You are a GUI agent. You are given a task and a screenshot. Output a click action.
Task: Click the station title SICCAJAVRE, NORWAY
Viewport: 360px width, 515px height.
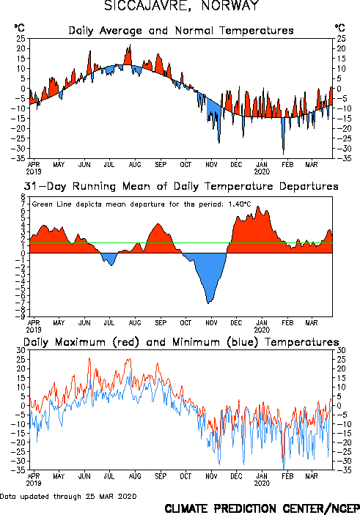tap(182, 5)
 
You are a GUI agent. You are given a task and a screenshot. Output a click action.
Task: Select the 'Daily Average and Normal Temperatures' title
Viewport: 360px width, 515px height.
tap(181, 31)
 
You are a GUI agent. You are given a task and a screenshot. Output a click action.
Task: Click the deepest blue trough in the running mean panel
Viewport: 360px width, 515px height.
tap(208, 303)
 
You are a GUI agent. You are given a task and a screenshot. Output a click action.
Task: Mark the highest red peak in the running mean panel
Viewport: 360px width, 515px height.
tap(258, 207)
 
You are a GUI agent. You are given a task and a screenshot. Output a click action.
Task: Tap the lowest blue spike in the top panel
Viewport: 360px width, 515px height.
tap(284, 154)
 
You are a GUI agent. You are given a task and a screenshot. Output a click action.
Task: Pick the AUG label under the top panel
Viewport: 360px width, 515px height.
tap(135, 164)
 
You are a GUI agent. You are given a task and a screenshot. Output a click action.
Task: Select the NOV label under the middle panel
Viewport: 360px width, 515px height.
tap(211, 322)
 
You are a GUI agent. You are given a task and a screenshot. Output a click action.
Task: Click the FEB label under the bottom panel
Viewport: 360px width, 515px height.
tap(287, 476)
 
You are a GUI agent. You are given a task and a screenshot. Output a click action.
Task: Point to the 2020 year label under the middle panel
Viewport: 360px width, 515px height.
tap(262, 330)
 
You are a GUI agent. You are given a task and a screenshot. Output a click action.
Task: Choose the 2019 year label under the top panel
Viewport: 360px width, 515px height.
tap(34, 171)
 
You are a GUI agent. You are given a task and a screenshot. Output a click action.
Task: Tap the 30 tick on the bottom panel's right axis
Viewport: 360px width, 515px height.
tap(341, 350)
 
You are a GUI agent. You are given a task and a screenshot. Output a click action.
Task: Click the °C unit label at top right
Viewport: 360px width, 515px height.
tap(340, 27)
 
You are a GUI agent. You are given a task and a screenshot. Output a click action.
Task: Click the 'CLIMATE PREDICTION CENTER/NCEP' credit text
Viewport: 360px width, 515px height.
tap(262, 508)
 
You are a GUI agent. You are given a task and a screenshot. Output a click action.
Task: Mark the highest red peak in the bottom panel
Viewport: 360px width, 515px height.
tap(89, 358)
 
